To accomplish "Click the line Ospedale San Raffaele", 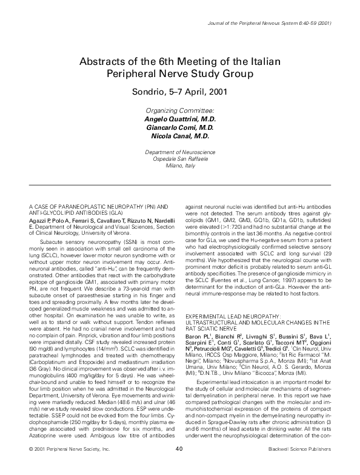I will click(x=180, y=157).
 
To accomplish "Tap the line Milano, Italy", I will click(x=180, y=164).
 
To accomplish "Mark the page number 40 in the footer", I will click(x=179, y=465).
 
